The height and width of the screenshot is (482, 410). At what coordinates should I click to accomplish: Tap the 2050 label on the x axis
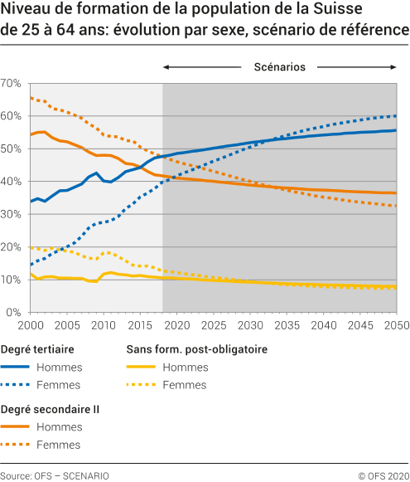(397, 325)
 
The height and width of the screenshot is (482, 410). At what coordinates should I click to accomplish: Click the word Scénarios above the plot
(280, 66)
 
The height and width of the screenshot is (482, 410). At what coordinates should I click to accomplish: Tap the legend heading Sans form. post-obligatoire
(195, 349)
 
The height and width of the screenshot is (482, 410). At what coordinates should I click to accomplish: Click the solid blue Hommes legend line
(26, 367)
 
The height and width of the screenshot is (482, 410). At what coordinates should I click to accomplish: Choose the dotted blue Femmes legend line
(26, 385)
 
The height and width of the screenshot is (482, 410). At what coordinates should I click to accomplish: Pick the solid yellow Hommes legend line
(148, 367)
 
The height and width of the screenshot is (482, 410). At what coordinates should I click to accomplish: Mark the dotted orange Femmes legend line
(26, 445)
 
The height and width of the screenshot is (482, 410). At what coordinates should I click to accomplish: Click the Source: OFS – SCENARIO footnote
(55, 475)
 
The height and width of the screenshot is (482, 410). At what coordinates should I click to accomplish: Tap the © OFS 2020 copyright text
(383, 475)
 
